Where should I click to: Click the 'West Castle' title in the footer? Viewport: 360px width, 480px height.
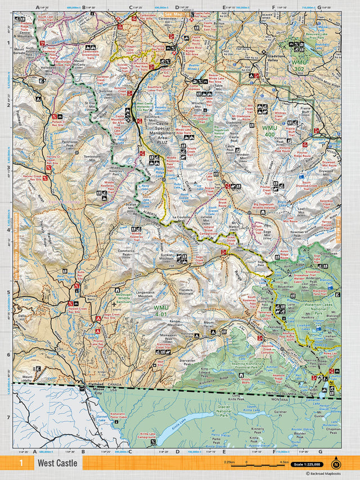58,464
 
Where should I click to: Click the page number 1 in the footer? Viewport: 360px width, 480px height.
21,464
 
